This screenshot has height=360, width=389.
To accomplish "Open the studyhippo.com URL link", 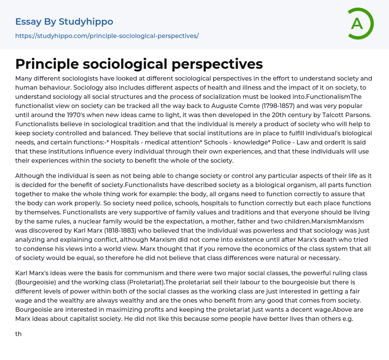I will click(107, 36).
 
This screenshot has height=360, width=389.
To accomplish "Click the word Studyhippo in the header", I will click(86, 22).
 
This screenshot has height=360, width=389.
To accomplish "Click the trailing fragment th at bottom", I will click(19, 334).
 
